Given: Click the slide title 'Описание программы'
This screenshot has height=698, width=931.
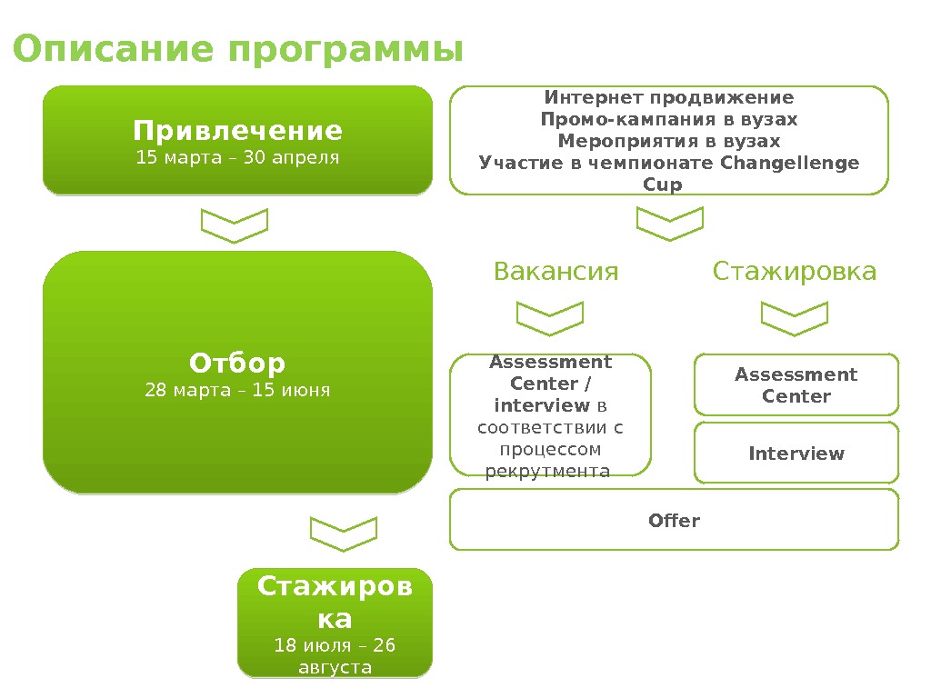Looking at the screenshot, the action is tap(238, 51).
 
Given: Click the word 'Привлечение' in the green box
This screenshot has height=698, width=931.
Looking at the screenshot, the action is tap(237, 131).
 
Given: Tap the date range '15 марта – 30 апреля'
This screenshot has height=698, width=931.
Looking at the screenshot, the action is tap(237, 158).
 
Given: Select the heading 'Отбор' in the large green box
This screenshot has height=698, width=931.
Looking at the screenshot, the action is tap(237, 364).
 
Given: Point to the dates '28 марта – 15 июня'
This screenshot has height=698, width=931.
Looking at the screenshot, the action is tap(237, 391).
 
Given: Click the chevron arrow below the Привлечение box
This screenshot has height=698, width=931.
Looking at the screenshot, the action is tap(235, 225).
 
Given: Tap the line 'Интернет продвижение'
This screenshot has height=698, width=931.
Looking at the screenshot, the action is tap(668, 97).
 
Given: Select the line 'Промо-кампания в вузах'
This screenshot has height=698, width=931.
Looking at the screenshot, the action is tap(668, 119).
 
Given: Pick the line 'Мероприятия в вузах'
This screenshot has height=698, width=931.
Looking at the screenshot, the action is tap(668, 141).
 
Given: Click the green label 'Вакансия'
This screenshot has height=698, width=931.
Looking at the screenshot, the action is tap(556, 272).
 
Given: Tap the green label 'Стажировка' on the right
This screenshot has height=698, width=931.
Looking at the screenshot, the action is tap(795, 272).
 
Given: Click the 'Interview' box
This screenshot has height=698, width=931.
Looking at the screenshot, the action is tap(796, 453).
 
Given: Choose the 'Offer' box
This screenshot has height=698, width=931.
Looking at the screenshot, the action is tap(674, 521).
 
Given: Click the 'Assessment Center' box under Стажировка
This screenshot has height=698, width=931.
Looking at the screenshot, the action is tap(796, 385).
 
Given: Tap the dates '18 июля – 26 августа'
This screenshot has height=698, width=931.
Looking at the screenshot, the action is tap(335, 656).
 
